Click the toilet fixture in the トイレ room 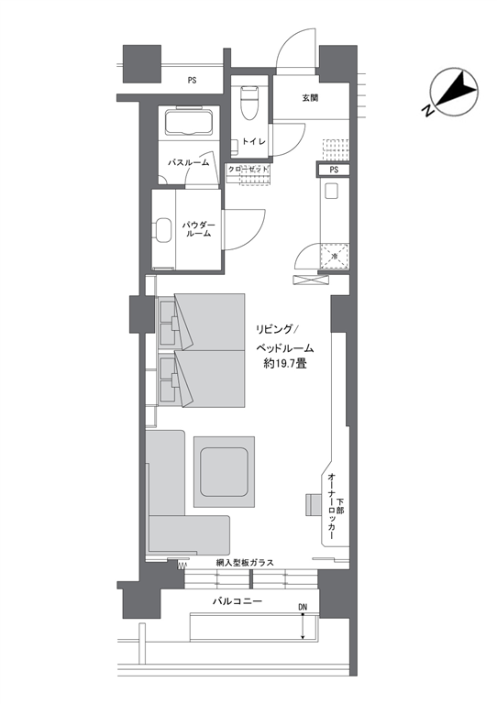(248, 104)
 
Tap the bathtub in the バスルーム (189, 122)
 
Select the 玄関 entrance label (310, 97)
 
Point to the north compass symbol (454, 92)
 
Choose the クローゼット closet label (248, 170)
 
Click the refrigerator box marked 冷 (335, 256)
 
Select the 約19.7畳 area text (284, 363)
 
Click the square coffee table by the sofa (224, 472)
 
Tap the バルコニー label (237, 600)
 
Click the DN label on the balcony (303, 607)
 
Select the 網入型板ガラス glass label (245, 563)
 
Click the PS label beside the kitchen (334, 170)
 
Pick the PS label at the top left (193, 81)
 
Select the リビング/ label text (274, 330)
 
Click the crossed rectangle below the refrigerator (307, 280)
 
